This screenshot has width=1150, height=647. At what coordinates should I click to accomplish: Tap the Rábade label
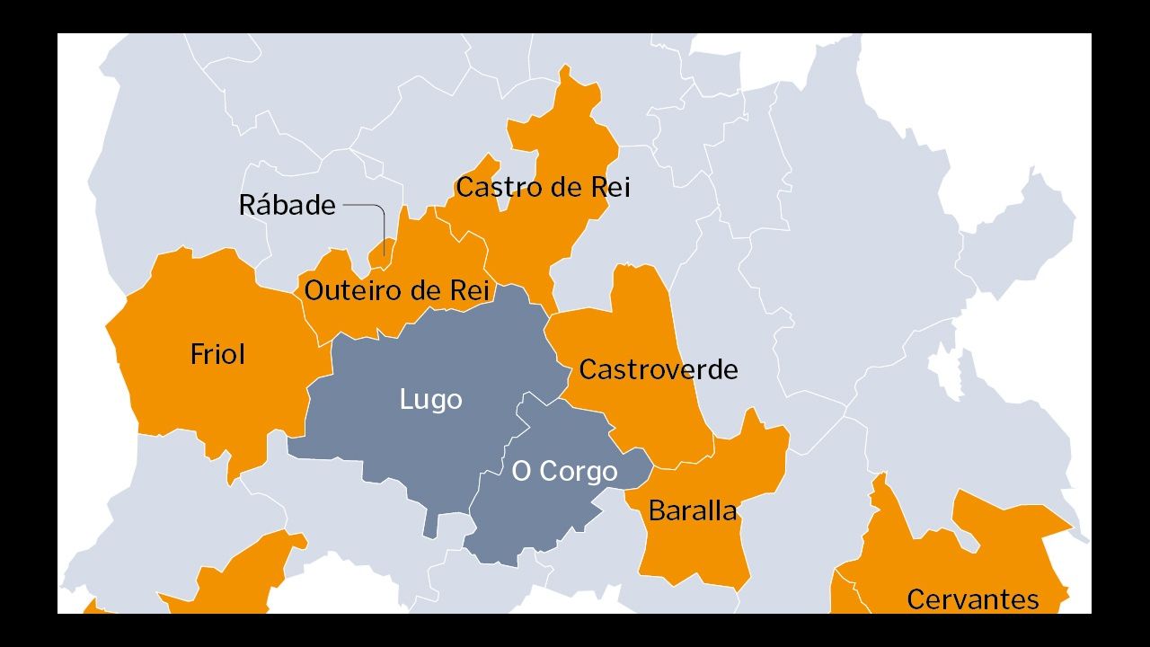(x=287, y=206)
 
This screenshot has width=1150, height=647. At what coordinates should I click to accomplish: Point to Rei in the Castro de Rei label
(x=610, y=188)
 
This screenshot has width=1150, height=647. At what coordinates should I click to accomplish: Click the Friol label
(x=217, y=354)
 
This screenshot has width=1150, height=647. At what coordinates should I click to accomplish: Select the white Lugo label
(x=430, y=399)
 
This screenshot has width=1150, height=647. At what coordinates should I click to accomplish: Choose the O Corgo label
(x=564, y=471)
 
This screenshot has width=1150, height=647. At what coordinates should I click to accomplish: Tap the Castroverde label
(x=658, y=369)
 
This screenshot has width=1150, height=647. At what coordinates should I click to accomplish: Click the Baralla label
(x=692, y=511)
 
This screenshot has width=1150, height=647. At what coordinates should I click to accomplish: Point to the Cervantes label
(x=972, y=599)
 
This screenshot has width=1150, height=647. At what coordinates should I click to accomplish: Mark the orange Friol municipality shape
(x=216, y=395)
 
